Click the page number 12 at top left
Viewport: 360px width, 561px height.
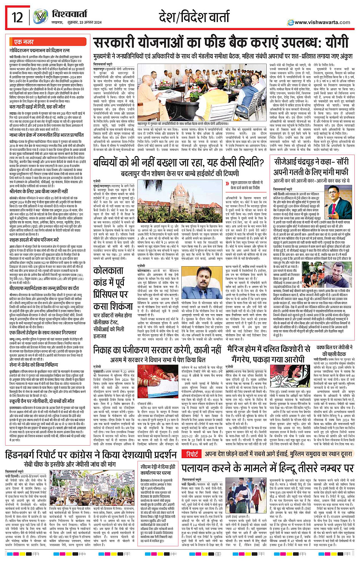click(18, 18)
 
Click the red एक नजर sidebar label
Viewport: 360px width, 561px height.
click(24, 42)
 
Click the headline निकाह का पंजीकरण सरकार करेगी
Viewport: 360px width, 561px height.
click(157, 349)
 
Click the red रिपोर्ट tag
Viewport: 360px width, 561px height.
click(192, 454)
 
